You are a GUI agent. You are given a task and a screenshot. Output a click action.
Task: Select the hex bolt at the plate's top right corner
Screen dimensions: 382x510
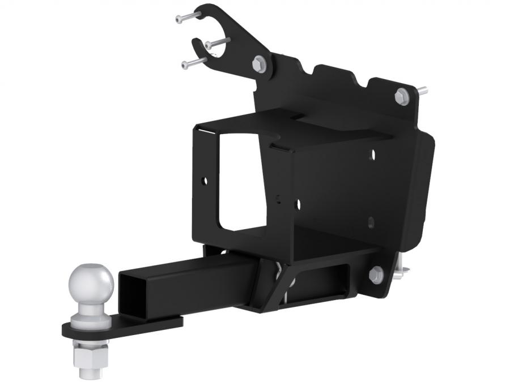(x=402, y=96)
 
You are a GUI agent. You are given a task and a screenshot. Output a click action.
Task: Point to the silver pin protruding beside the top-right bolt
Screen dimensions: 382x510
(x=422, y=90)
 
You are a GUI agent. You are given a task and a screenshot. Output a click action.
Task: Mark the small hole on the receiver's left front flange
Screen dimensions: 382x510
(x=205, y=181)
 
